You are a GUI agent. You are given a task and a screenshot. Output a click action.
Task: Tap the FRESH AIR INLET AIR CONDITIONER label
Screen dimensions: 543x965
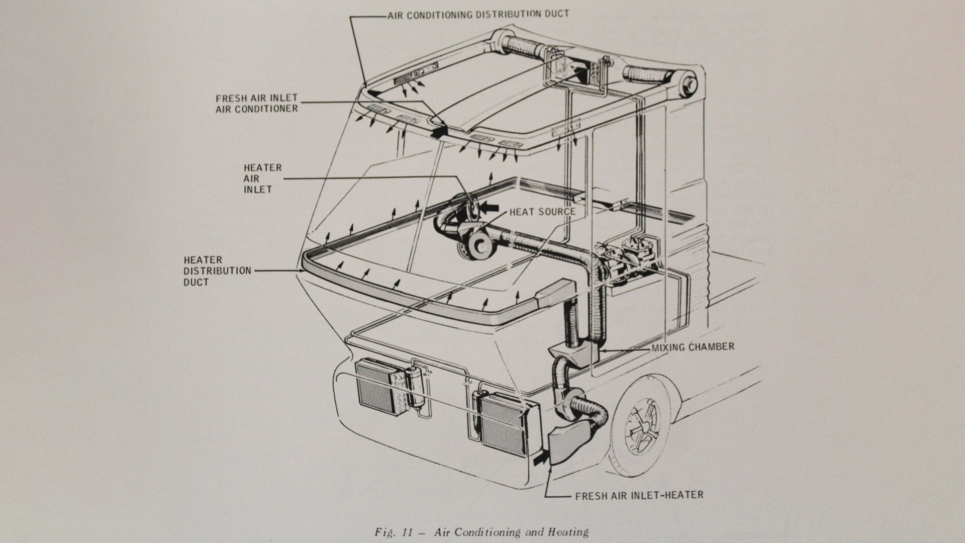(257, 103)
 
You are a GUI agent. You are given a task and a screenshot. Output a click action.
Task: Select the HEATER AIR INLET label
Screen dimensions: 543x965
(262, 178)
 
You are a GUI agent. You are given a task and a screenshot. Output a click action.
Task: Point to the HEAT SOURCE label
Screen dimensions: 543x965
(542, 212)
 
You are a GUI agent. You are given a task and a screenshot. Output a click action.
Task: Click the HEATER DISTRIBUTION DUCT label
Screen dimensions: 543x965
(217, 271)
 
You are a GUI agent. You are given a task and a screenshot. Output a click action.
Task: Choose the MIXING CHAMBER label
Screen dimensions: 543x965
(692, 347)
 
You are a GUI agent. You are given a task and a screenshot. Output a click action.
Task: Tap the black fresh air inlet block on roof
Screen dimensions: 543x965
(439, 131)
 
